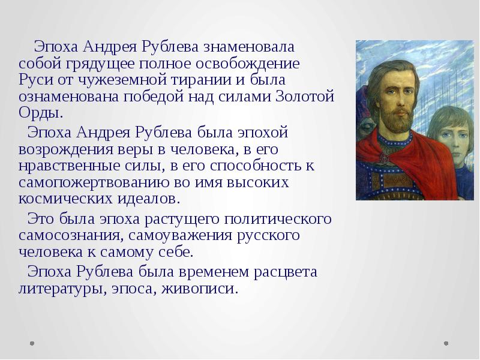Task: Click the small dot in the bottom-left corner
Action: (x=32, y=344)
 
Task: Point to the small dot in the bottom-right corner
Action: (x=446, y=344)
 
